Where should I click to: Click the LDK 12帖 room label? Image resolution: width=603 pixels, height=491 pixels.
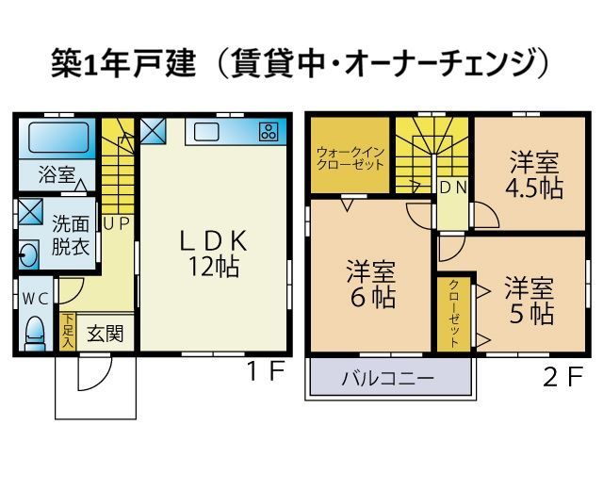tap(214, 254)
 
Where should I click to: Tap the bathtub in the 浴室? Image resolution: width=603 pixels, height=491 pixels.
tap(58, 138)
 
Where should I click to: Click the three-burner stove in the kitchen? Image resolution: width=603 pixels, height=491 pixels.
tap(269, 131)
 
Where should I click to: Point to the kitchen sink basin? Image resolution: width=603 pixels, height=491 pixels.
tap(206, 132)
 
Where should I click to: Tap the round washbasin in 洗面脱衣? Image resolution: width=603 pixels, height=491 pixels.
tap(29, 254)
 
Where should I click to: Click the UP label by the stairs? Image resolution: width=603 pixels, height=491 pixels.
tap(117, 224)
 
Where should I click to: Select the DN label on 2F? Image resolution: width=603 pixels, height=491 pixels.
tap(453, 188)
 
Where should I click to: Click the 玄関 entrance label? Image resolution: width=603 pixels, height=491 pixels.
tap(105, 334)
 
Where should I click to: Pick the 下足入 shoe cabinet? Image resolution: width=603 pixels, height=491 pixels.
tap(68, 332)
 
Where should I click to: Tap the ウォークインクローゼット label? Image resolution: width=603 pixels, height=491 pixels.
tap(350, 158)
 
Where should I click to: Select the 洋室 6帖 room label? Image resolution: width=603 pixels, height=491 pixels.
tap(371, 285)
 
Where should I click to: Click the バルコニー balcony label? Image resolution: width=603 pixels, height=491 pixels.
tap(388, 378)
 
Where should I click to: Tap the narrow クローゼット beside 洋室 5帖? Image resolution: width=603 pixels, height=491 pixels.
tap(454, 313)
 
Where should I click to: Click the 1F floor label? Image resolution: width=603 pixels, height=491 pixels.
tap(266, 372)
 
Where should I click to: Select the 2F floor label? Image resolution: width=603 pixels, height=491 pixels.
tap(563, 377)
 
